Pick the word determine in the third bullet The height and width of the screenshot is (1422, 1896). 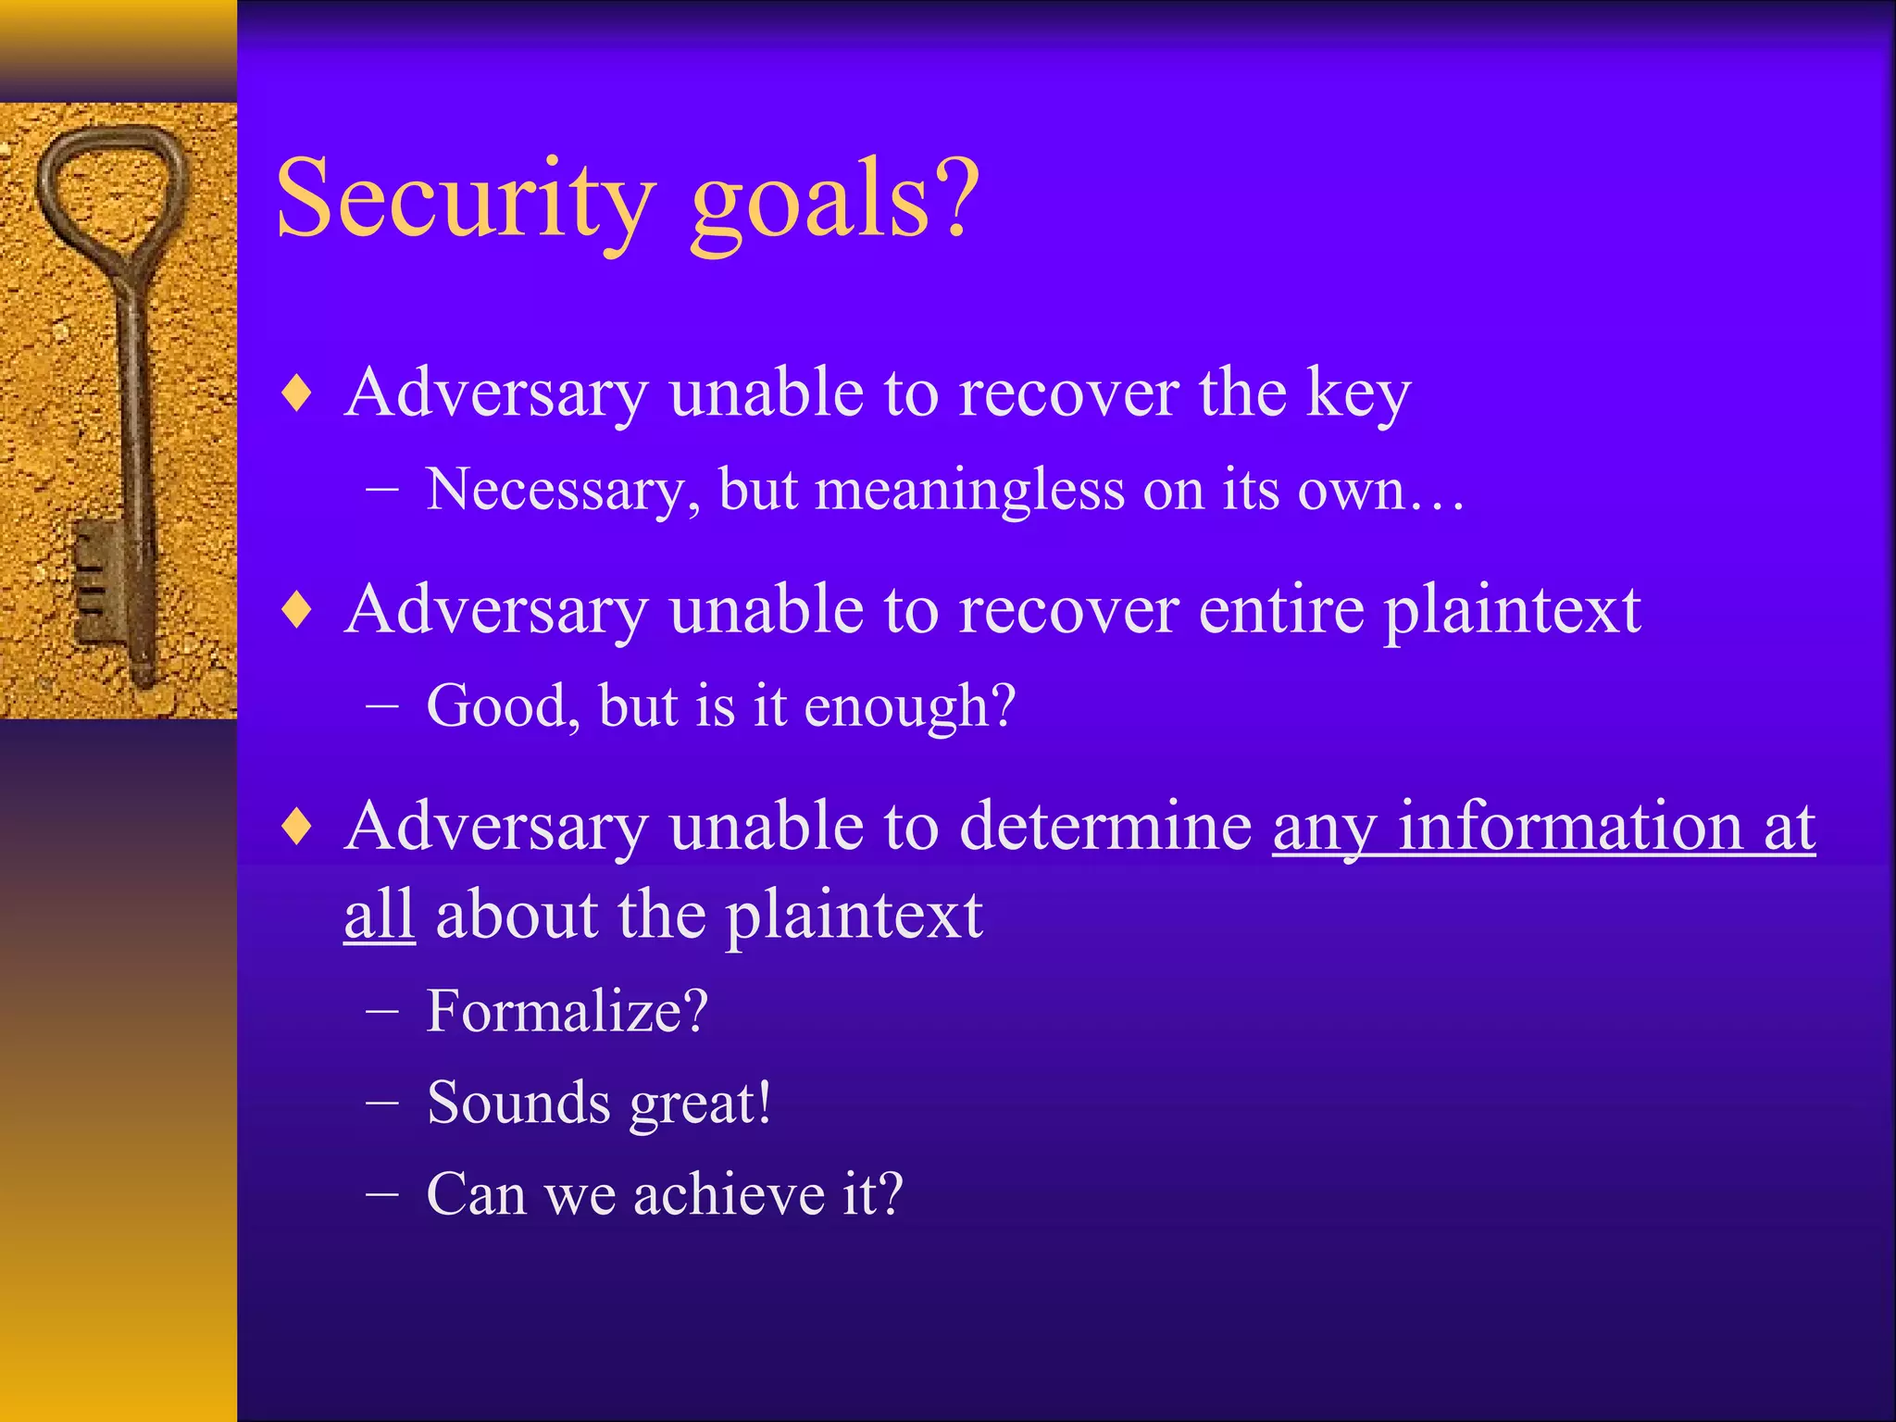[x=1106, y=826]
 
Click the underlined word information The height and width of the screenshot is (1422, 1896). [x=1569, y=826]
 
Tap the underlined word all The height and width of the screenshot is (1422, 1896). [x=379, y=915]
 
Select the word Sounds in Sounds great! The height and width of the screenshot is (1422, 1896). [x=518, y=1103]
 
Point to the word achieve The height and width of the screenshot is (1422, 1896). [x=730, y=1193]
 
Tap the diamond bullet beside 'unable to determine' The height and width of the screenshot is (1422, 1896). [x=297, y=826]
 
